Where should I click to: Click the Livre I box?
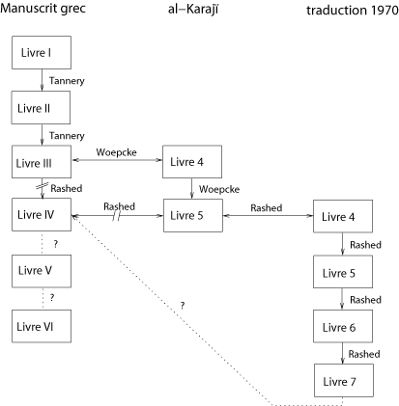coord(42,52)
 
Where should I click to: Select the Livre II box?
coord(41,107)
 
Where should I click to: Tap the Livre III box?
coord(42,162)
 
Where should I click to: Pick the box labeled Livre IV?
coord(42,214)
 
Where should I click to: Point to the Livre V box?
coord(42,271)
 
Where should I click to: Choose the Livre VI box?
coord(42,326)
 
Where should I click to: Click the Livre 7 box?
coord(344,380)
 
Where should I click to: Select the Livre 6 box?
coord(343,326)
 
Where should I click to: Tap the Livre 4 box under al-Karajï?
coord(192,162)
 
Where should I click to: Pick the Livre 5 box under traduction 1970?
coord(343,272)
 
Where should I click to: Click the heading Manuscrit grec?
coord(43,8)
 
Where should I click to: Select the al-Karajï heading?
coord(193,9)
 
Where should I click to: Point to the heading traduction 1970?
coord(353,10)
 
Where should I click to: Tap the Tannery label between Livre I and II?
coord(67,81)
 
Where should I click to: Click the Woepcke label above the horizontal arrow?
coord(116,152)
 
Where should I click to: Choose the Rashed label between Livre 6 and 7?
coord(364,354)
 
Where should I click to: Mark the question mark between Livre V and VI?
coord(52,298)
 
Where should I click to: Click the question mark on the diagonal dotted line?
coord(183,306)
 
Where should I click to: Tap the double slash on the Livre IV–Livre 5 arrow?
coord(117,216)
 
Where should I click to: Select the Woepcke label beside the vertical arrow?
coord(219,189)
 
